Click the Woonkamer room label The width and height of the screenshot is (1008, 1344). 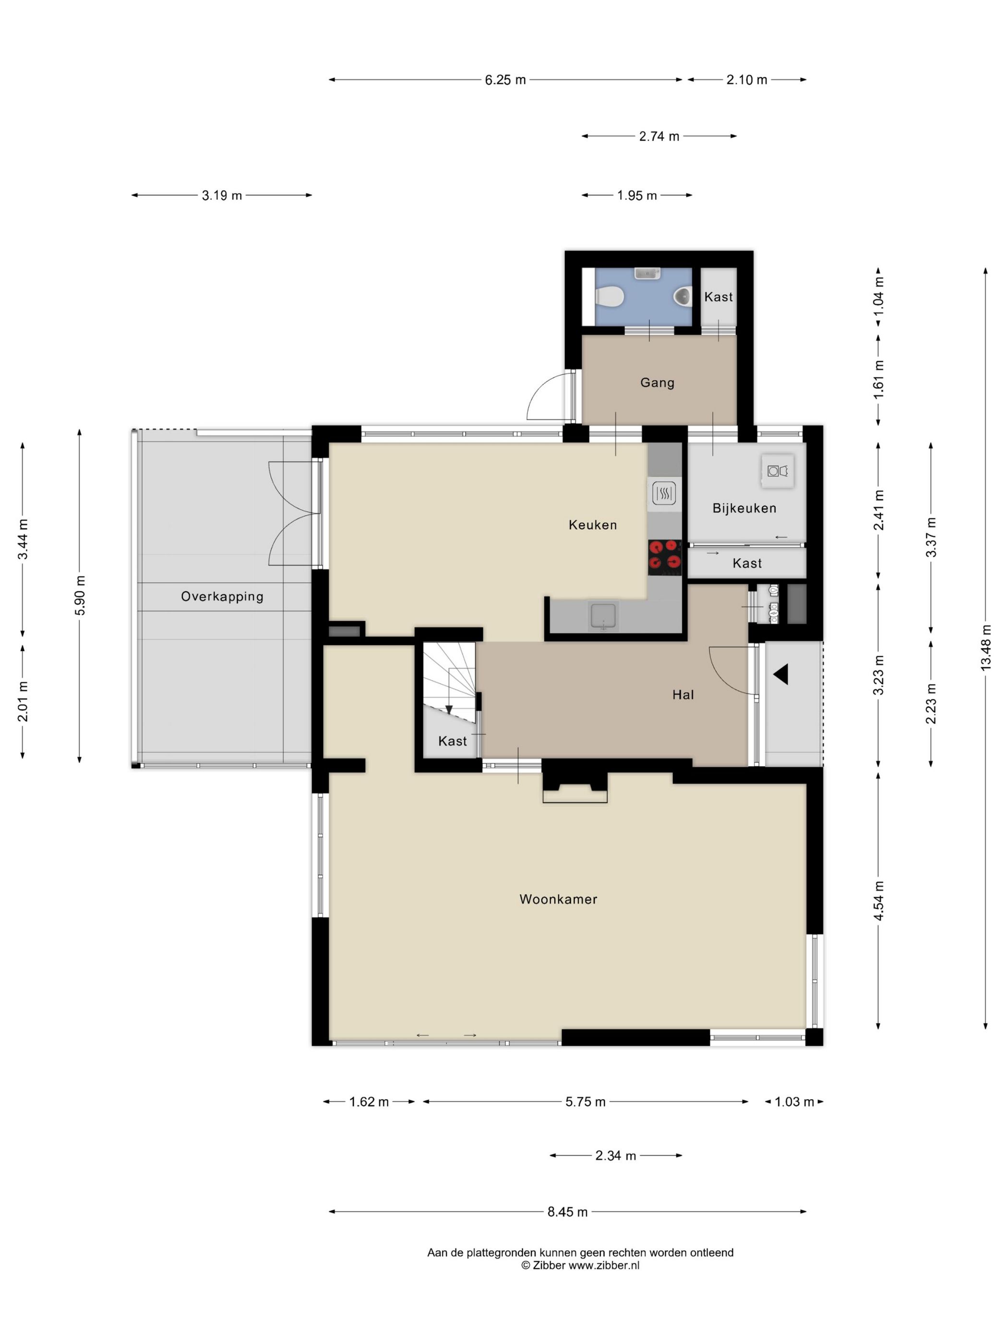558,899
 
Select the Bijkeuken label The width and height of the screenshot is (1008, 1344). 744,508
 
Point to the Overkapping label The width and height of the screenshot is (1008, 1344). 222,596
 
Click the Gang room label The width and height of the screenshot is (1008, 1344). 658,383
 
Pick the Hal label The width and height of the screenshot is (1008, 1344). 683,695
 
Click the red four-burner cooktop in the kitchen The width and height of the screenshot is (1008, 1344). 664,558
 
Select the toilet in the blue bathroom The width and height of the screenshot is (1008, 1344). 610,297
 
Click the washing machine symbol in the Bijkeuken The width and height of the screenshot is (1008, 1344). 777,470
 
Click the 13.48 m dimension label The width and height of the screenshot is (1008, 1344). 985,647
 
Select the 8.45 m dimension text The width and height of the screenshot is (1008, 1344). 567,1212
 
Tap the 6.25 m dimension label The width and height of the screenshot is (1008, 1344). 505,80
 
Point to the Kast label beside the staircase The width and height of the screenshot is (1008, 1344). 453,741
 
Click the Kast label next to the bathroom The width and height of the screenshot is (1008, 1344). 718,297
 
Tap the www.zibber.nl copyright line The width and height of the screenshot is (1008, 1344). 580,1266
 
